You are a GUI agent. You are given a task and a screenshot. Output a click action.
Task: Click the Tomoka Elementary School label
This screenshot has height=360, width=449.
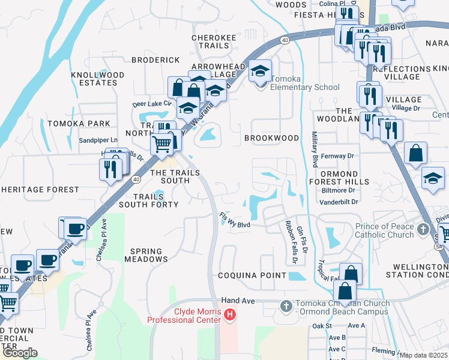click(306, 87)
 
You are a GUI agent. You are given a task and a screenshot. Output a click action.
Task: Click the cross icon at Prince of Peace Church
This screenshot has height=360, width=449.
click(424, 229)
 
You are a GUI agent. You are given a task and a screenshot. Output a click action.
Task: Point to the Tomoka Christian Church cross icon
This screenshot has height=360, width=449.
click(286, 307)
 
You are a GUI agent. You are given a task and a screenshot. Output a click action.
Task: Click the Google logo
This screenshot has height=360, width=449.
click(19, 353)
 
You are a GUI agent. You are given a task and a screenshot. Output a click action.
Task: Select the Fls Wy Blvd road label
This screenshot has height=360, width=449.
click(234, 220)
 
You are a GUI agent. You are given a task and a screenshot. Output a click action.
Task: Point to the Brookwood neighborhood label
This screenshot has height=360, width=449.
click(271, 138)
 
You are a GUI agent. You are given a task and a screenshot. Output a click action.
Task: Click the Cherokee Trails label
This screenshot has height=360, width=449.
click(214, 41)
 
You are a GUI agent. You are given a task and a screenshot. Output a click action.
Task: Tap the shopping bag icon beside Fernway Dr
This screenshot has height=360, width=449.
click(415, 154)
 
